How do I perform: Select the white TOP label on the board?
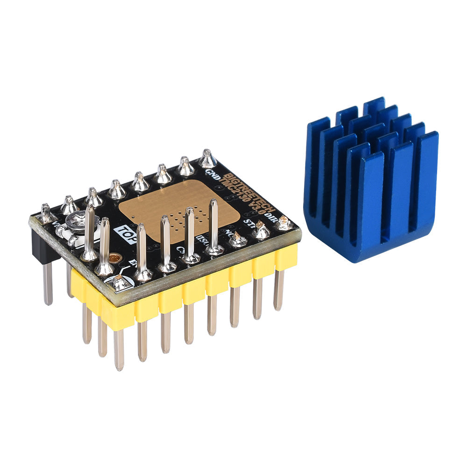[x=125, y=232]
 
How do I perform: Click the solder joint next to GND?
[x=208, y=159]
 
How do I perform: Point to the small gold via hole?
[x=115, y=258]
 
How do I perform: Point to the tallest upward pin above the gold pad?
[x=213, y=224]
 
